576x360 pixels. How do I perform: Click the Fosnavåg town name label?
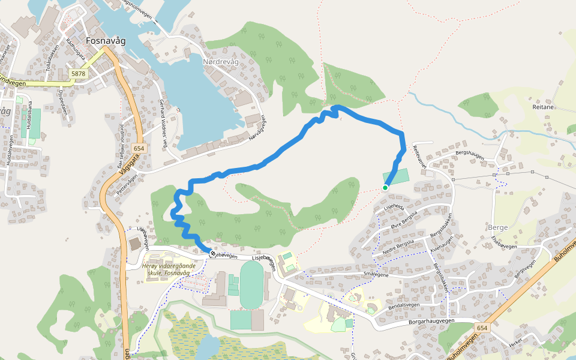pyautogui.click(x=106, y=41)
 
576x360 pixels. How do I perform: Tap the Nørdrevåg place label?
pyautogui.click(x=221, y=62)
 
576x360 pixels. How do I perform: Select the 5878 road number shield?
pyautogui.click(x=78, y=73)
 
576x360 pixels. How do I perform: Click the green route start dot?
pyautogui.click(x=385, y=188)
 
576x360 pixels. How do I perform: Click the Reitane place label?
pyautogui.click(x=530, y=106)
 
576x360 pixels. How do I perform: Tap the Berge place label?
pyautogui.click(x=498, y=227)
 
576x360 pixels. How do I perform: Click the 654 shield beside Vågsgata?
pyautogui.click(x=139, y=148)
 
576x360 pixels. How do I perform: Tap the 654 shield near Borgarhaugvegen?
pyautogui.click(x=482, y=328)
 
